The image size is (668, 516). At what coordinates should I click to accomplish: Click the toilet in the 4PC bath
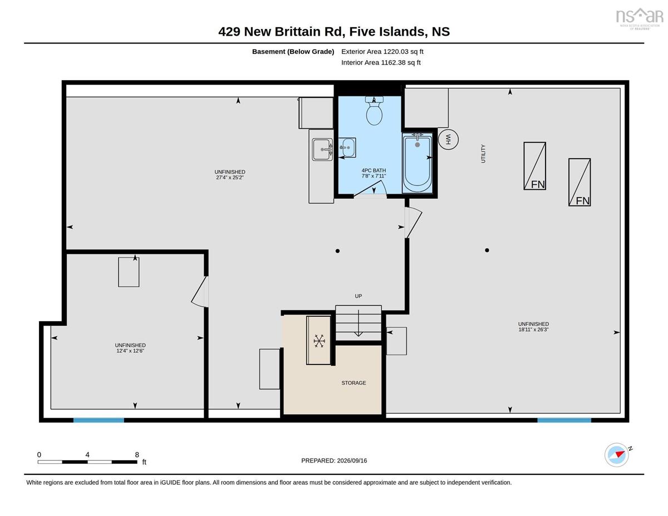[374, 111]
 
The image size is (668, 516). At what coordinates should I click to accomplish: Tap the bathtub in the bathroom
[417, 163]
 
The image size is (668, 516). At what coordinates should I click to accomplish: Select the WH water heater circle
[448, 140]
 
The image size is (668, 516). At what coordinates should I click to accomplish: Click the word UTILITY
[483, 154]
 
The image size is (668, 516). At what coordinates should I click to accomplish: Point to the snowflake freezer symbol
[319, 341]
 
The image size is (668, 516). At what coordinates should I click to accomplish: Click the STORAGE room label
[353, 383]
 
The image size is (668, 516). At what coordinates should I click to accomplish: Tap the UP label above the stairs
[358, 296]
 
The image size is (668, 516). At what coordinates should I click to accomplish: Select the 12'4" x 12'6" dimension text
[130, 351]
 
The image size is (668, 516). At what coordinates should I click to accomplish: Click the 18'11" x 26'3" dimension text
[533, 330]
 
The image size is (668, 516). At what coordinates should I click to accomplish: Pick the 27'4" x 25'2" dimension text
[230, 178]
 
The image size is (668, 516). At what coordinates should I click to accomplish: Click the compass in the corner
[616, 455]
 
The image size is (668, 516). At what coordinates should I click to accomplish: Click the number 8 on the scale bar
[137, 455]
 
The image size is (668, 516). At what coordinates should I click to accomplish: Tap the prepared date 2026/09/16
[352, 460]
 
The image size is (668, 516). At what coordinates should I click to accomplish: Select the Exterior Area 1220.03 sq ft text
[382, 52]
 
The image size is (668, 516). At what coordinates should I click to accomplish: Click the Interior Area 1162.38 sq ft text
[381, 62]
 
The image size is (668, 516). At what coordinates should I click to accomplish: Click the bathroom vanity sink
[347, 148]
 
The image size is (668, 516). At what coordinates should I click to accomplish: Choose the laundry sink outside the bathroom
[322, 149]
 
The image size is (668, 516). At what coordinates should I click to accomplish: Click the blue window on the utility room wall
[564, 420]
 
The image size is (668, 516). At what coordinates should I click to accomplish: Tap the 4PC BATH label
[374, 170]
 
